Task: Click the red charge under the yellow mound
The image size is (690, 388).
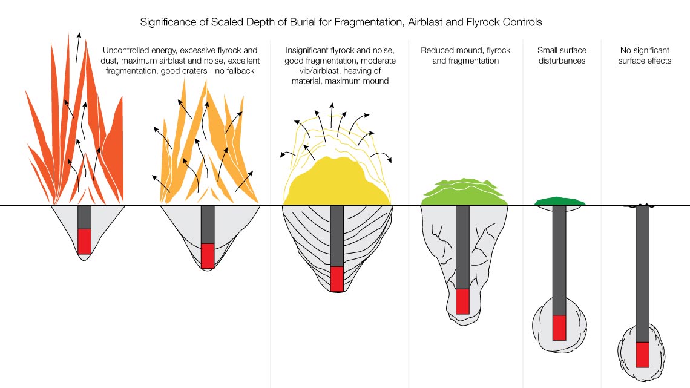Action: point(337,278)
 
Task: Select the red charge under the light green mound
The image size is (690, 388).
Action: point(462,301)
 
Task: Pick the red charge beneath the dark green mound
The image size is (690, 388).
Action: point(559,327)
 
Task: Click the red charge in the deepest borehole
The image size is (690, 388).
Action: point(642,354)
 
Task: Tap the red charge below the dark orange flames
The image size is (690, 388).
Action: point(84,241)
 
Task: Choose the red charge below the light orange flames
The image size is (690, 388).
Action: point(208,255)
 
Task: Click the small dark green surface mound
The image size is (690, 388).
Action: point(560,201)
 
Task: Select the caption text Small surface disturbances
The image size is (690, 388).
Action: point(561,56)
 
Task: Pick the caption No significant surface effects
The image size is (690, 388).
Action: point(645,56)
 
